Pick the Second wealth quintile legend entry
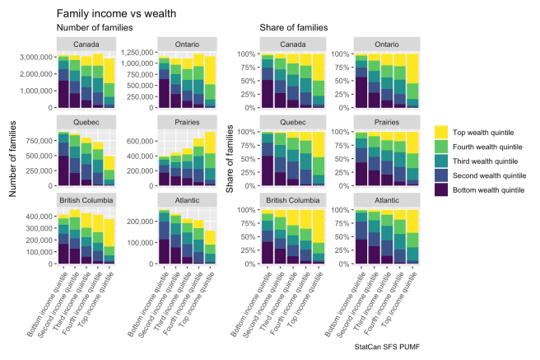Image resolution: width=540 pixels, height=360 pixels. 492,175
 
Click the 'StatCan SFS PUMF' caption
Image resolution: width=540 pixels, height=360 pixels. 393,348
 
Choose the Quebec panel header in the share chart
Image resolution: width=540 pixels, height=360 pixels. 293,121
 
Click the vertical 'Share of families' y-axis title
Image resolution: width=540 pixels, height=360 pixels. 231,160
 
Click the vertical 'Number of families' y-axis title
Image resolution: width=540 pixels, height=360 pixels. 14,160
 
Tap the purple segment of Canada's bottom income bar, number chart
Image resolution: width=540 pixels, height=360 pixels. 63,95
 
